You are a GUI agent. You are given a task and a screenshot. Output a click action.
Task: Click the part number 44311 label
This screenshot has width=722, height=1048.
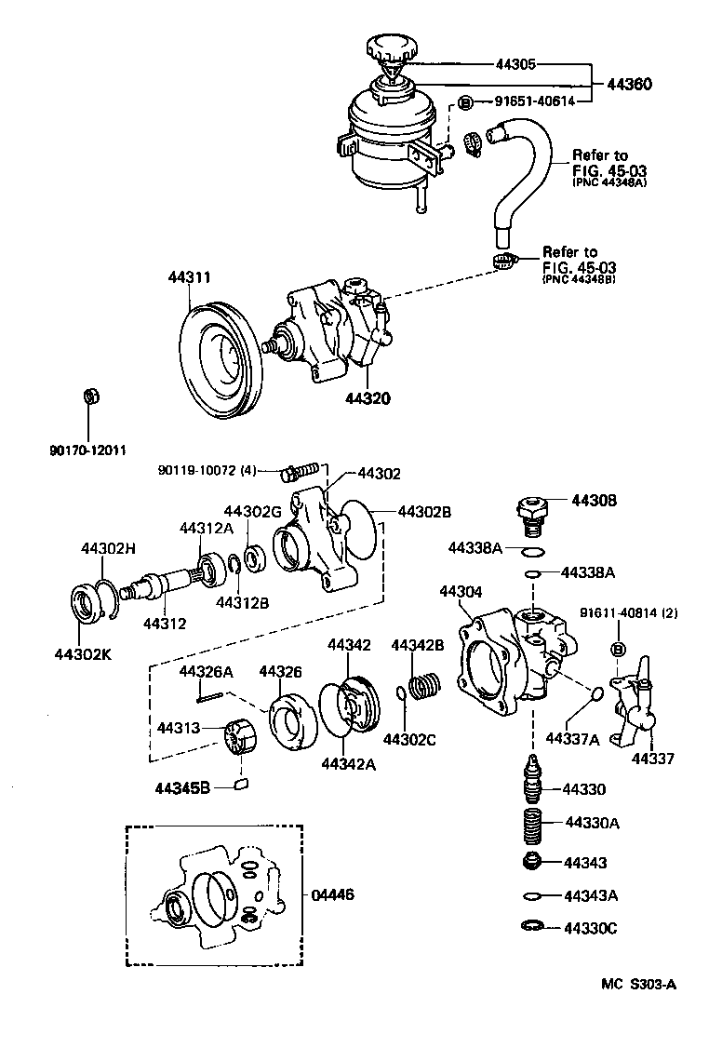click(x=190, y=276)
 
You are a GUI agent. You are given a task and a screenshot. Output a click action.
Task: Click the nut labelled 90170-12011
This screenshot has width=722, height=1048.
click(x=90, y=397)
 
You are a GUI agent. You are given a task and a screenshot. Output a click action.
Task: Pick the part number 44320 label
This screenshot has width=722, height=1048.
click(x=367, y=397)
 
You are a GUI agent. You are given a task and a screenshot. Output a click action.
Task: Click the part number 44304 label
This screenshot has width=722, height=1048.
click(x=461, y=591)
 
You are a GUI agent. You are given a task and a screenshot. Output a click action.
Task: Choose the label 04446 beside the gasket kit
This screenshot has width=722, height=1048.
click(x=332, y=894)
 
